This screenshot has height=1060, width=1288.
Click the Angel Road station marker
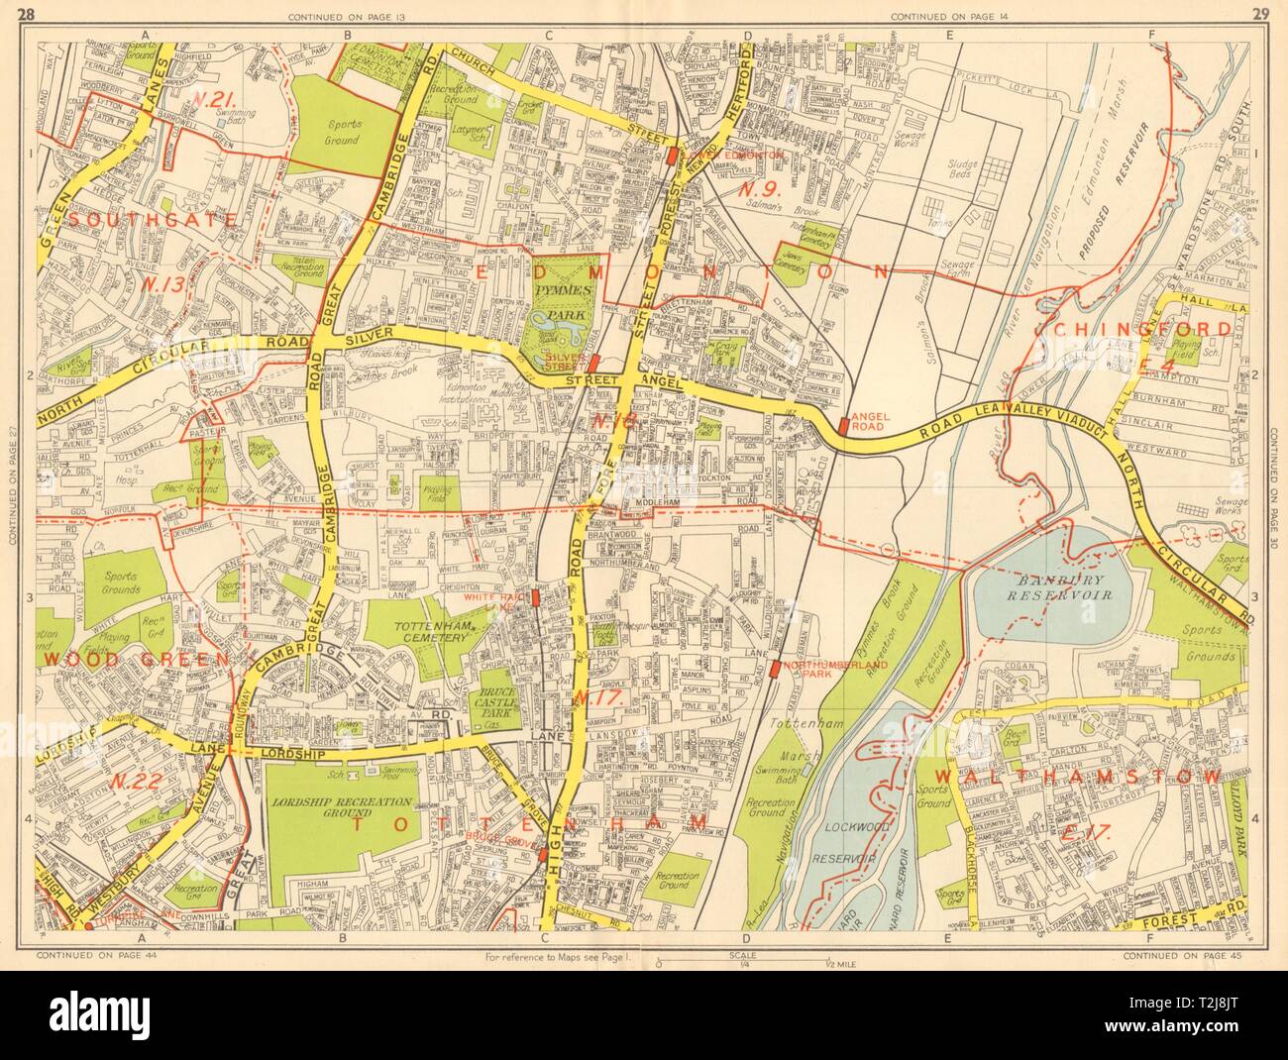point(843,424)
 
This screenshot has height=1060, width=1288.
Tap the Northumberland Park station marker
point(773,671)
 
